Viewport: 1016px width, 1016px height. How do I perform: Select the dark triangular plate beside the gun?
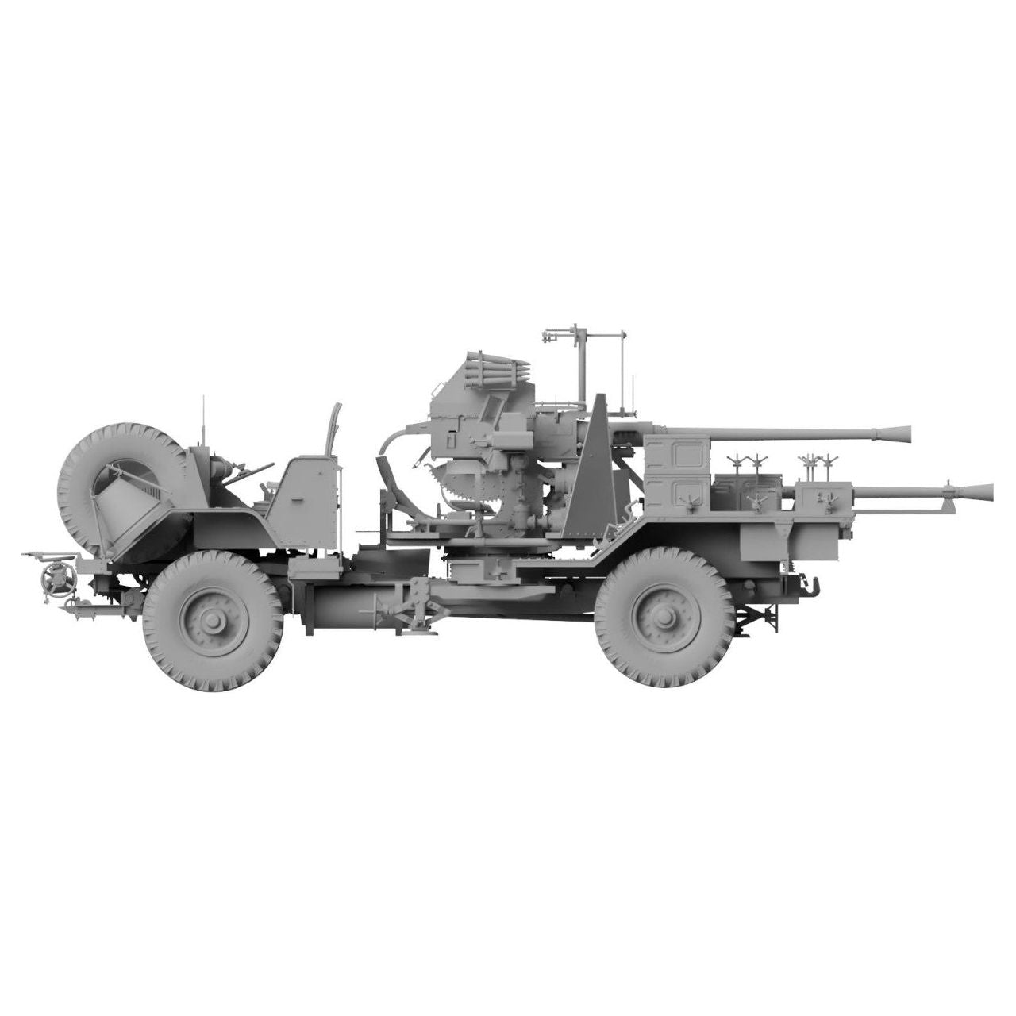tap(591, 468)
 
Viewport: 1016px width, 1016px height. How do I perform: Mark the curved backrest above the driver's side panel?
tap(333, 429)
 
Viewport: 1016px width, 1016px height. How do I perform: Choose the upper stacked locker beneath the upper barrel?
tap(678, 456)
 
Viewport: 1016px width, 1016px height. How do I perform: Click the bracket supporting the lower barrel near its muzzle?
tap(945, 497)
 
